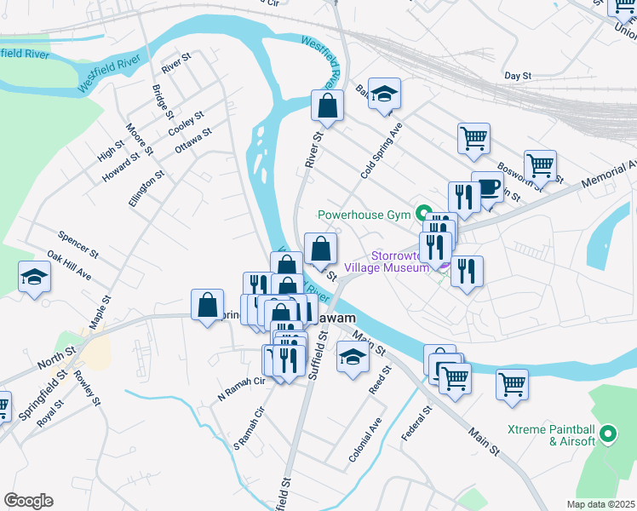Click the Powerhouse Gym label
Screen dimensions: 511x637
(x=364, y=215)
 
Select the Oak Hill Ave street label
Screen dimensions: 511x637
(x=69, y=265)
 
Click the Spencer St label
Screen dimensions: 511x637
(x=78, y=244)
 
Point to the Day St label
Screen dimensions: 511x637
(x=518, y=76)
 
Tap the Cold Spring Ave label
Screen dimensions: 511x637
(x=381, y=149)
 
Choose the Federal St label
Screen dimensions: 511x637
(x=417, y=423)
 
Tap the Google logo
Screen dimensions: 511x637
(x=28, y=501)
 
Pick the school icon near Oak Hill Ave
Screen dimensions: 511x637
(x=34, y=276)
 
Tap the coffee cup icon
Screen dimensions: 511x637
(x=487, y=187)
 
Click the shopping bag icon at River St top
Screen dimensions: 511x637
(x=327, y=106)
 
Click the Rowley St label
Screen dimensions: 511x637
(x=88, y=388)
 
